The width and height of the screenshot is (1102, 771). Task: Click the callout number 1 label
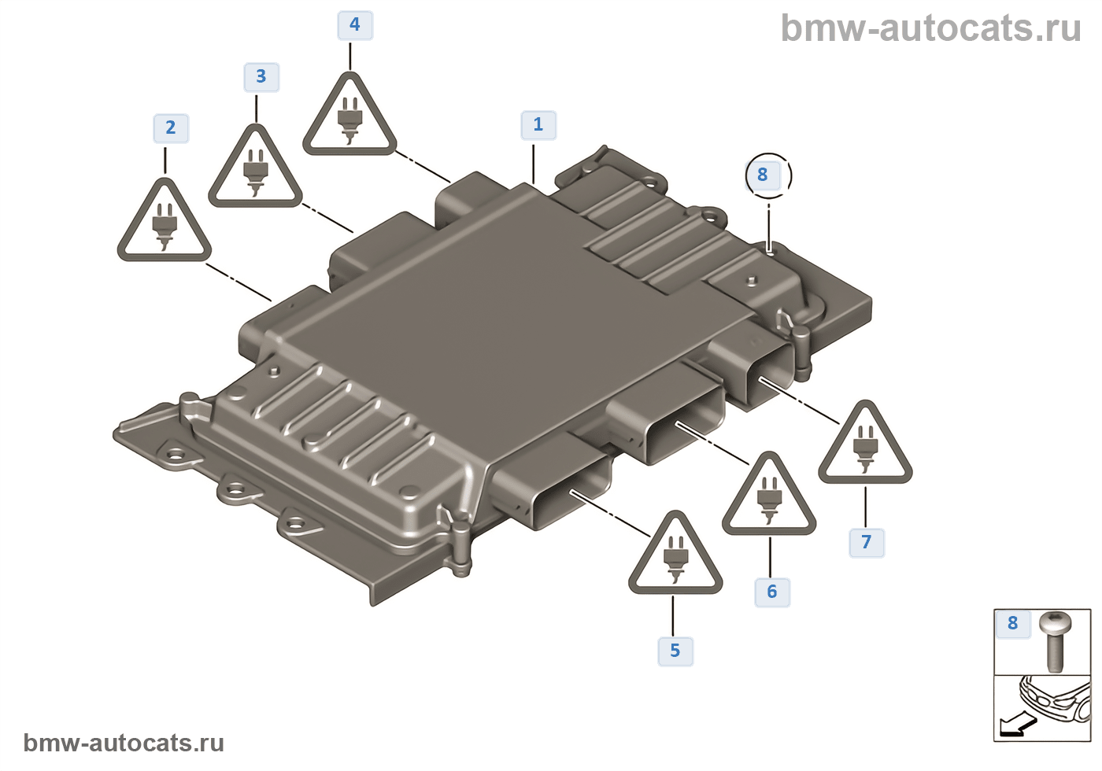[538, 125]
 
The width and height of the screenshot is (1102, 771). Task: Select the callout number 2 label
[171, 128]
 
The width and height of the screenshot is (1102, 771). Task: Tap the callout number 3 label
[261, 77]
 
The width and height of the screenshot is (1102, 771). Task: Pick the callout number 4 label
[355, 25]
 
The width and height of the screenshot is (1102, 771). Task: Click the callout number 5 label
[675, 651]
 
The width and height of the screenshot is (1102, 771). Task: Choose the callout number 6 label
[772, 592]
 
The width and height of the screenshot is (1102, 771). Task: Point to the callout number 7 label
[867, 542]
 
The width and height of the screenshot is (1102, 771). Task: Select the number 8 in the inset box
[1013, 624]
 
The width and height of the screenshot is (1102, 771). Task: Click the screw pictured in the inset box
[1055, 641]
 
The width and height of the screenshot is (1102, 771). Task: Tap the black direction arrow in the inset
[1013, 725]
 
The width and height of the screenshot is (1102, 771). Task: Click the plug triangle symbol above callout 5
[675, 556]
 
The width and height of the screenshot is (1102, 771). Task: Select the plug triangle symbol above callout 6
[769, 498]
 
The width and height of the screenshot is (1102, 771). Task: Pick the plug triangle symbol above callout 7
[865, 447]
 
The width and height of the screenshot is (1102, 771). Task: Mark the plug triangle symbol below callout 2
[165, 225]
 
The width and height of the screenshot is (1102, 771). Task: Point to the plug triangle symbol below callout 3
[255, 171]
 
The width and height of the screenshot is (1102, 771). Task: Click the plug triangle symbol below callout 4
[349, 119]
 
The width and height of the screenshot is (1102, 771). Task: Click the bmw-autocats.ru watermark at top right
[930, 29]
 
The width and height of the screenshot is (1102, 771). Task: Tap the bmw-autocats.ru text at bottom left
[124, 743]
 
